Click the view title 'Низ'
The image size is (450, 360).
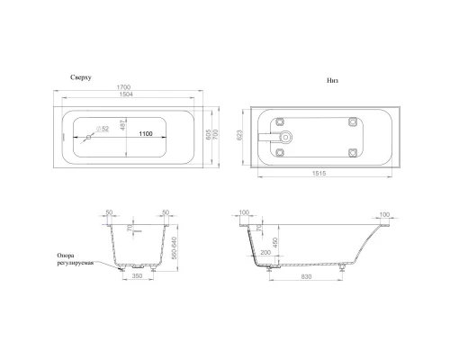[332, 80]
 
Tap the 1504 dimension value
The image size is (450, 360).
[132, 97]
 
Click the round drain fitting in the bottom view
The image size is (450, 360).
[287, 139]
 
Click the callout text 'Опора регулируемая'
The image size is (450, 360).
[75, 260]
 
